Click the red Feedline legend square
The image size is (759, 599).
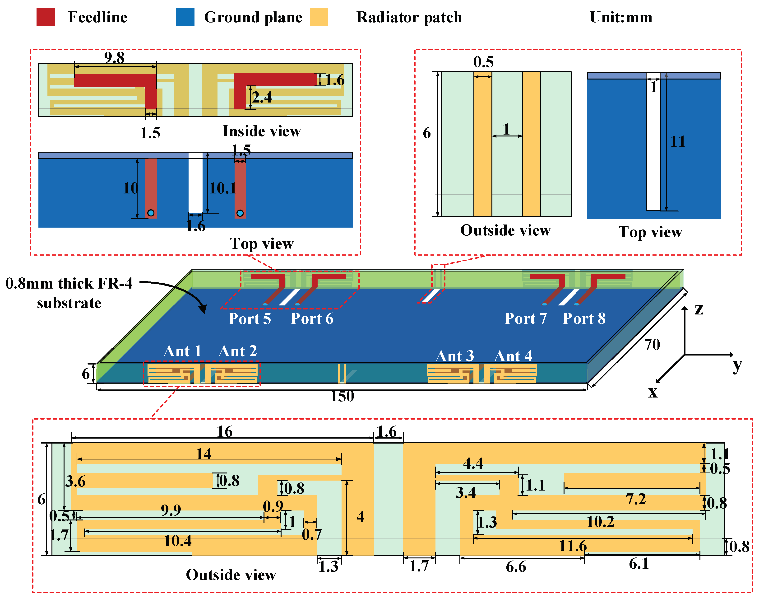46,17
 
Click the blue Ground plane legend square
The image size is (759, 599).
185,17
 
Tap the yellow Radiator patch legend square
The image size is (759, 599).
319,17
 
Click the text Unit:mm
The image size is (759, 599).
620,17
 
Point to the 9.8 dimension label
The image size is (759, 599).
114,57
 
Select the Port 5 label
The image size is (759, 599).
250,319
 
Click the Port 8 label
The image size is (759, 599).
584,318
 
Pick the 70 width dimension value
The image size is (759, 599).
652,344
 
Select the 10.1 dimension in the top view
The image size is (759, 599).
222,188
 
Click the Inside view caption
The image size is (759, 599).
261,131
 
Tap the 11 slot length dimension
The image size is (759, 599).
677,141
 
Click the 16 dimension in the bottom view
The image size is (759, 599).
224,431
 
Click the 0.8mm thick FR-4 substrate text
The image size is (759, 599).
69,293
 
